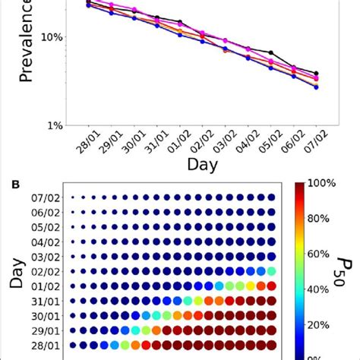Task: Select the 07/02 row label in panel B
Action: click(x=48, y=198)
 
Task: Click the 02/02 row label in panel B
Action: click(x=48, y=271)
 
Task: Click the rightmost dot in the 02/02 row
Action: click(x=271, y=271)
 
